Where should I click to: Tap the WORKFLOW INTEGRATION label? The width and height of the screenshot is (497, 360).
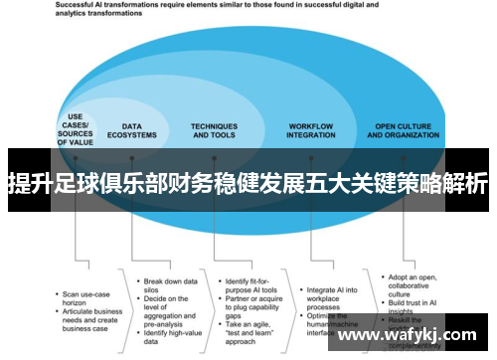pos(310,131)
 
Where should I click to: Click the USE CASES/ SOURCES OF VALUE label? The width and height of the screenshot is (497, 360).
pos(76,131)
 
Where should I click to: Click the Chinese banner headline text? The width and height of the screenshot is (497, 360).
pos(248,183)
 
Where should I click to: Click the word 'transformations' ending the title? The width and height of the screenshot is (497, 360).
pos(114,18)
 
